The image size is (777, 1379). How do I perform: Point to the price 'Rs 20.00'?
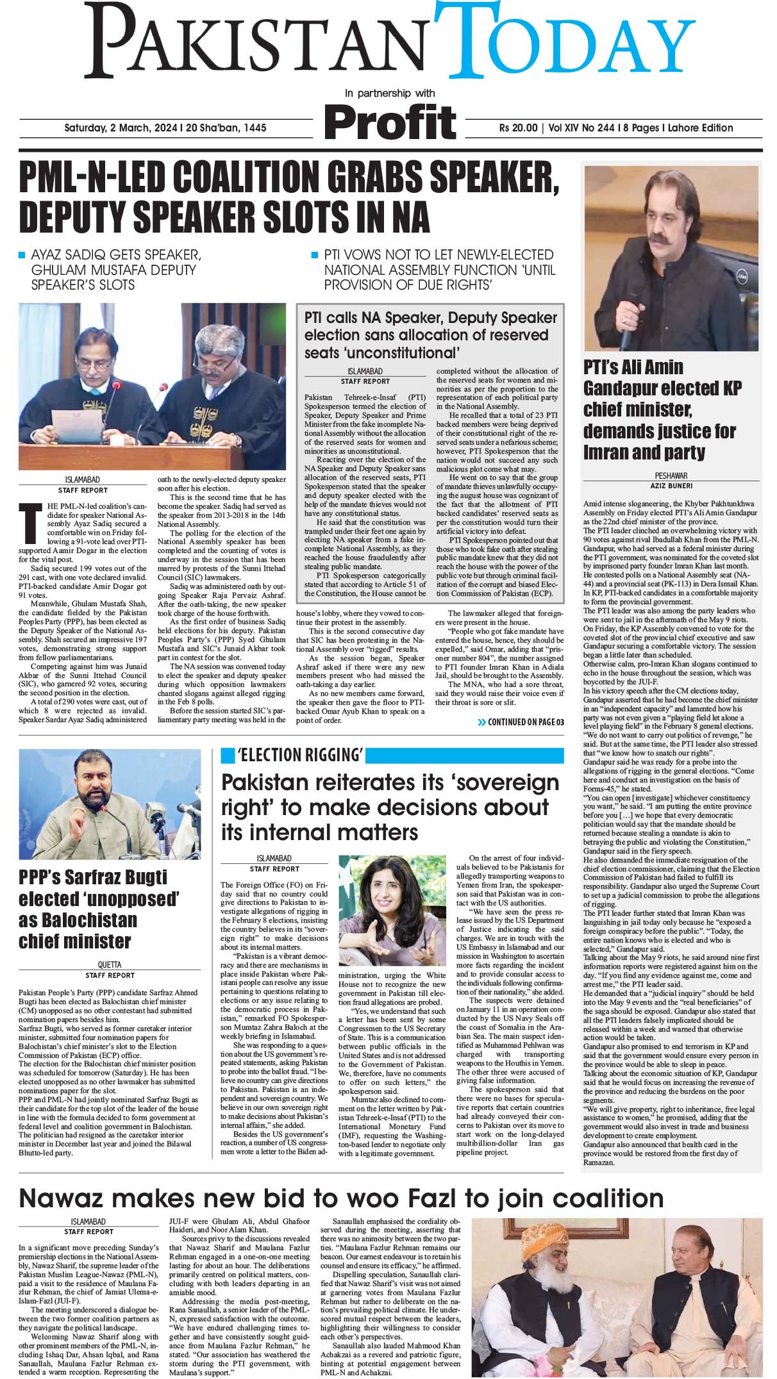pos(518,128)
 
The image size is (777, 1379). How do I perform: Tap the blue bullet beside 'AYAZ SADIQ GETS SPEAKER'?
pos(22,255)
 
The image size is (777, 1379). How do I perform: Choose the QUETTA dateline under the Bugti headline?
pos(110,964)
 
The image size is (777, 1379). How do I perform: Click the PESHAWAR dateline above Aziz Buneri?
pos(671,476)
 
